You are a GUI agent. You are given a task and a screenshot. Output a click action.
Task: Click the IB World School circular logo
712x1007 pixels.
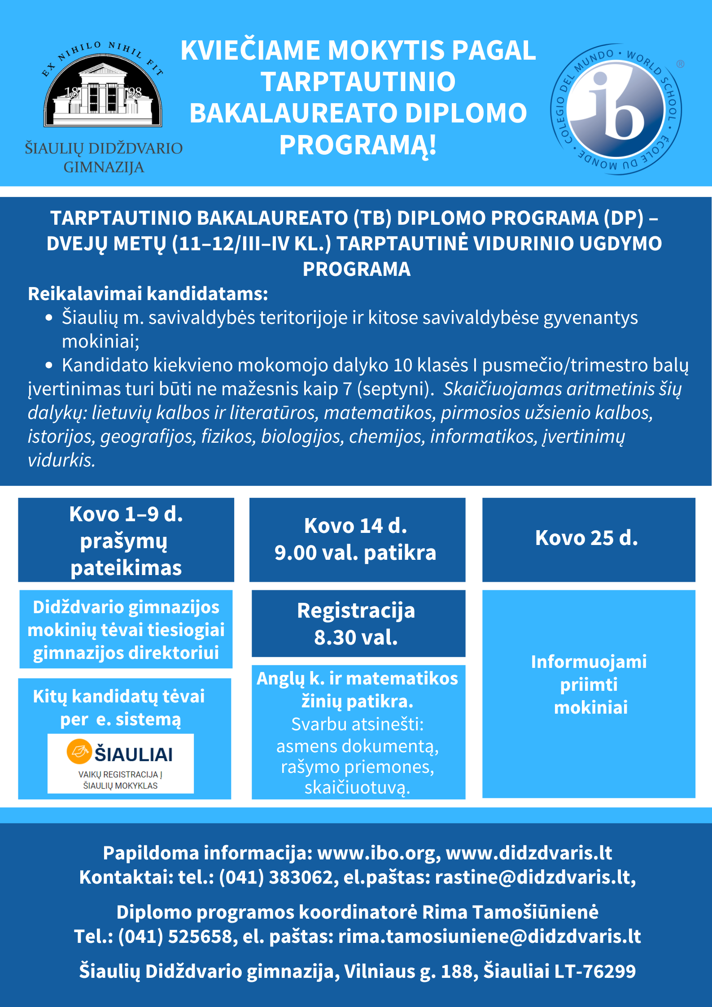pyautogui.click(x=616, y=109)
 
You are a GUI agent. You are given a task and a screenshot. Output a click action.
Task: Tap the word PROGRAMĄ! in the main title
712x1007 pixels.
pyautogui.click(x=358, y=145)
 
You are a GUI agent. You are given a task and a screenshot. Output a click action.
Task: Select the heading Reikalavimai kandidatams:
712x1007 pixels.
pyautogui.click(x=148, y=294)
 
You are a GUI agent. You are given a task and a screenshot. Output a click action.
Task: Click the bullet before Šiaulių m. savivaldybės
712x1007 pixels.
pyautogui.click(x=49, y=318)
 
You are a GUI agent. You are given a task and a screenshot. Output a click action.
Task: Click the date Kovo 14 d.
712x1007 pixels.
pyautogui.click(x=355, y=526)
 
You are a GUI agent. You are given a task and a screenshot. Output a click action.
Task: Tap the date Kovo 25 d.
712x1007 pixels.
pyautogui.click(x=586, y=538)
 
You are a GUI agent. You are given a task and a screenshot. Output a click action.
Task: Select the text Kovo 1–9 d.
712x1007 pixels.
pyautogui.click(x=126, y=514)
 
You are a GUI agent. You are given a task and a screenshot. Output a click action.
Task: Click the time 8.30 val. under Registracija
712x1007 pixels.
pyautogui.click(x=356, y=637)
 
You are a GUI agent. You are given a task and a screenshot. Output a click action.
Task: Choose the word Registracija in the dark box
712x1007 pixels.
pyautogui.click(x=356, y=611)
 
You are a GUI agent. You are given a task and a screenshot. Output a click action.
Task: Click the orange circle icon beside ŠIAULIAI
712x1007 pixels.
pyautogui.click(x=79, y=751)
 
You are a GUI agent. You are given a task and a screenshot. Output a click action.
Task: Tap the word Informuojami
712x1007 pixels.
pyautogui.click(x=589, y=662)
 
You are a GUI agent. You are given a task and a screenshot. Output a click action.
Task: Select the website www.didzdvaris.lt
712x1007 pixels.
pyautogui.click(x=529, y=853)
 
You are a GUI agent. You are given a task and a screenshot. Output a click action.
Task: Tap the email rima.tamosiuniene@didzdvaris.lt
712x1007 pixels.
pyautogui.click(x=489, y=937)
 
